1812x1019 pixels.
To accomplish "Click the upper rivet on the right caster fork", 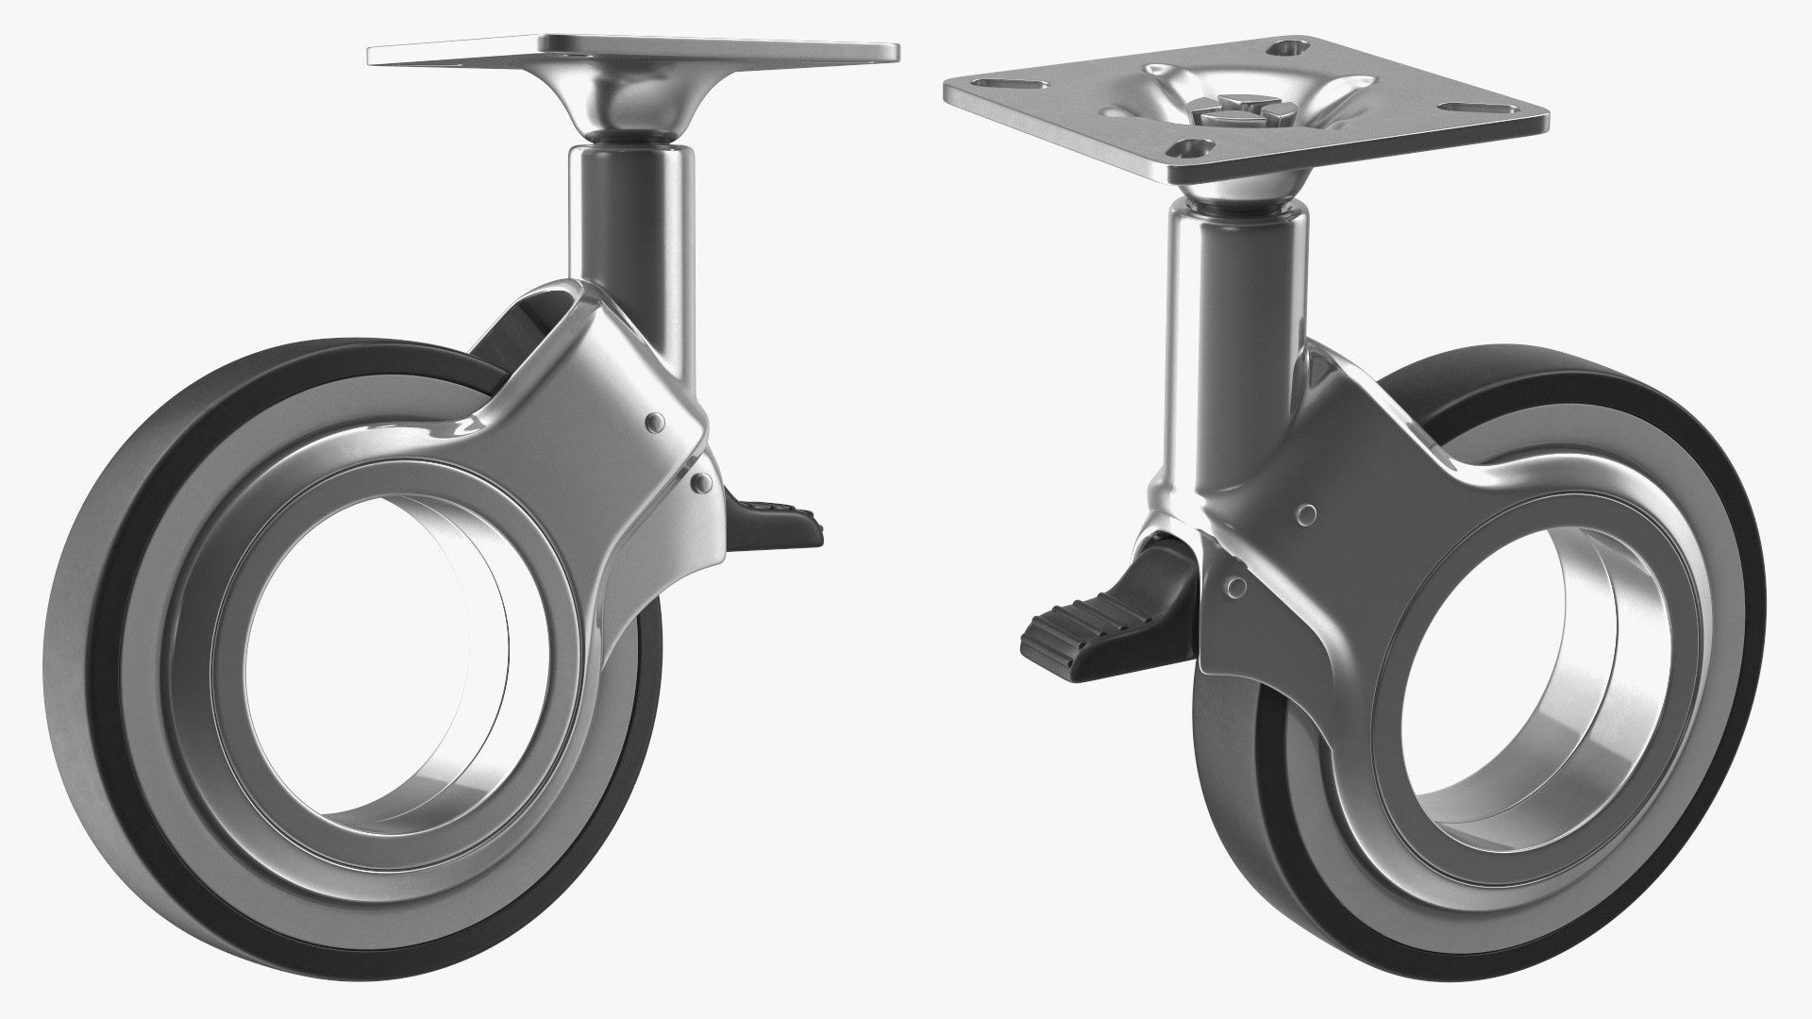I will click(x=1307, y=515).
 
